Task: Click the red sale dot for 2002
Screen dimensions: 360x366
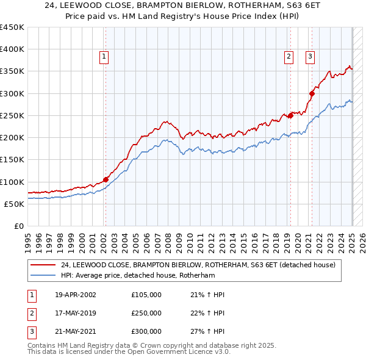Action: click(x=106, y=179)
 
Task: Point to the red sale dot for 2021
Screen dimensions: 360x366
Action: click(x=312, y=93)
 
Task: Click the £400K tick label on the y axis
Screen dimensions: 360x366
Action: click(x=12, y=49)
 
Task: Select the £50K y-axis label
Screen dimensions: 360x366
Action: click(x=13, y=204)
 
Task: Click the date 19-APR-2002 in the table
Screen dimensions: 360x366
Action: click(x=76, y=295)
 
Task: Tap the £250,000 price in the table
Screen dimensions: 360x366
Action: click(x=146, y=313)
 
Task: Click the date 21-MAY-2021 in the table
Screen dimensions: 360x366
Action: click(x=76, y=331)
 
